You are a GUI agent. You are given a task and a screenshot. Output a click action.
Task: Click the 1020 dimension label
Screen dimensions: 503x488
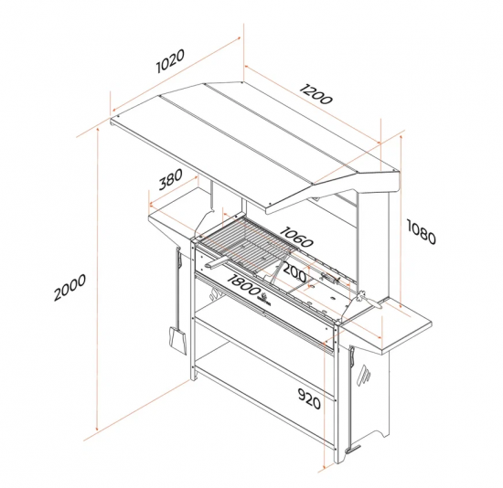tap(170, 61)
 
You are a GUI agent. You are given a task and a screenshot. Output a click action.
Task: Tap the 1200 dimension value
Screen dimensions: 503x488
tap(316, 94)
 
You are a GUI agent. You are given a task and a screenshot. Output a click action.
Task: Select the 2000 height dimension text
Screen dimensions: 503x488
tap(70, 287)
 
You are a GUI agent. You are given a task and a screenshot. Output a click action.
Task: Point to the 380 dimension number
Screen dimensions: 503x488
tap(171, 179)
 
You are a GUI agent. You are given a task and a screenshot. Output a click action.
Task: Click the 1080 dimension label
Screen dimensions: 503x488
tap(422, 231)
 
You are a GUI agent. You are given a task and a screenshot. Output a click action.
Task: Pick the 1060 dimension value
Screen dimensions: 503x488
tap(296, 237)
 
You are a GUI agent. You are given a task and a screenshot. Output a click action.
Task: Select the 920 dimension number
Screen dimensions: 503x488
tap(309, 398)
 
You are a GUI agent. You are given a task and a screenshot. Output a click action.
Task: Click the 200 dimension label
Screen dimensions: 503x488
tap(294, 273)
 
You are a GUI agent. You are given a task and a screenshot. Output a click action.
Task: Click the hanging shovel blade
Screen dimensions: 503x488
tap(177, 341)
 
